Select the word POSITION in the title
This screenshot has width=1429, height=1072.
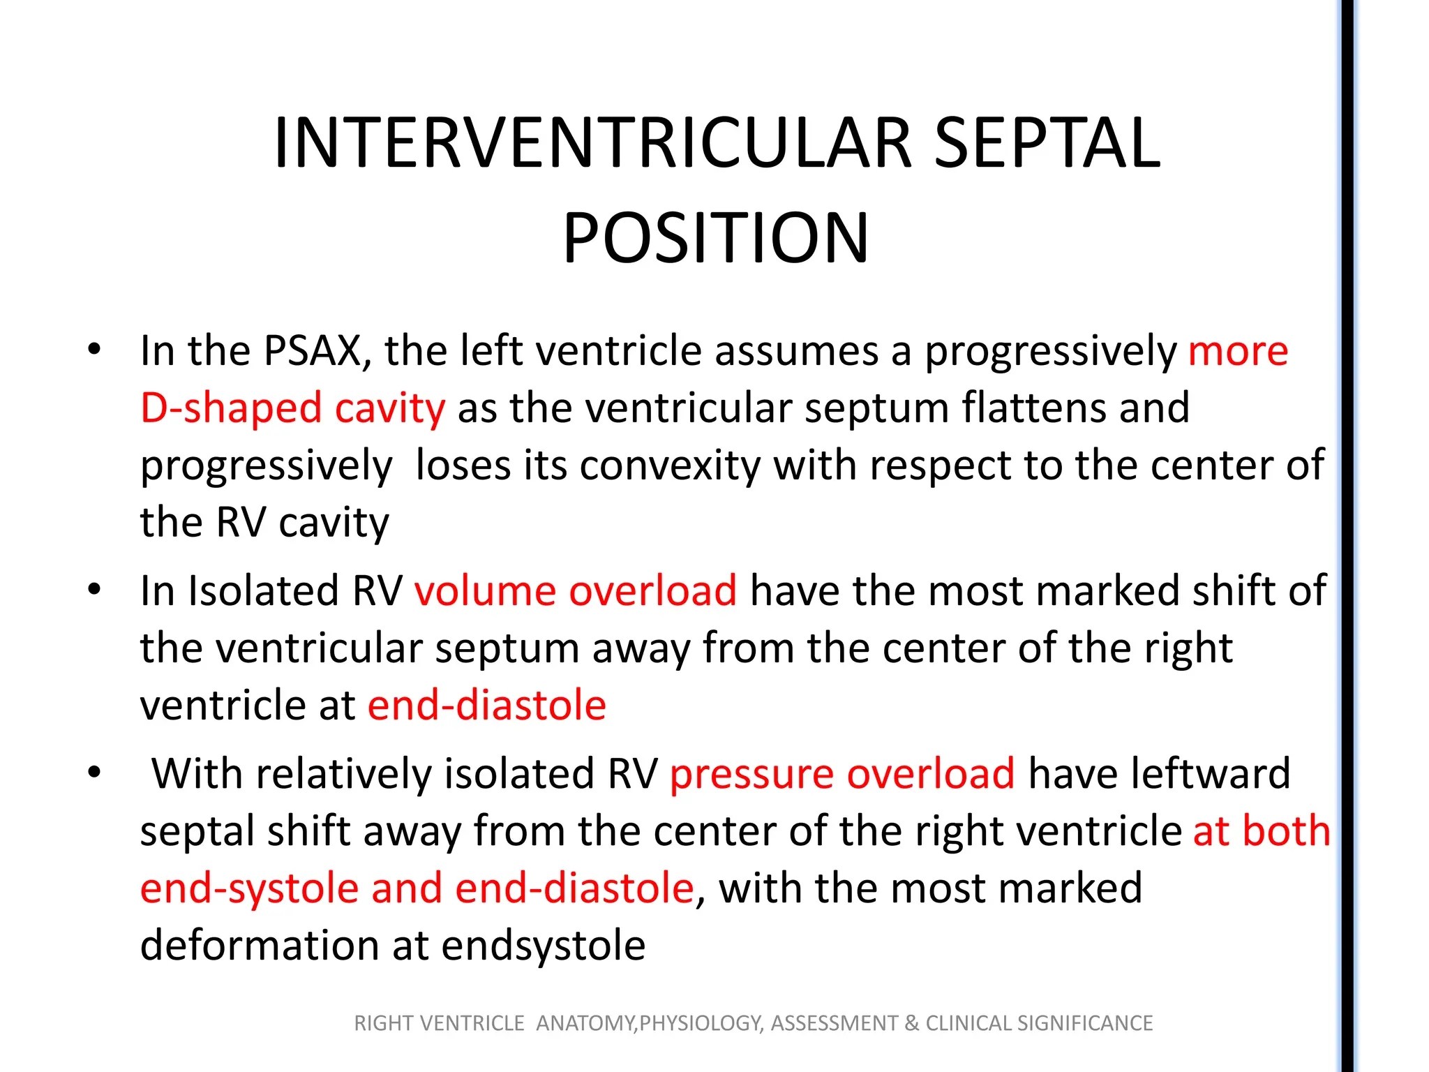coord(716,239)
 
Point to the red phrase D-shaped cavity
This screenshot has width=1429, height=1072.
coord(292,408)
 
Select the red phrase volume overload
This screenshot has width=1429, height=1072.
coord(575,591)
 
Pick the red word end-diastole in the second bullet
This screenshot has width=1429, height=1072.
coord(486,705)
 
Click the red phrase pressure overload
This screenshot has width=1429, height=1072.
coord(842,774)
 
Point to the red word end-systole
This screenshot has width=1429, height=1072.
coord(249,888)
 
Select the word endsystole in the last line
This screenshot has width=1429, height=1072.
coord(543,946)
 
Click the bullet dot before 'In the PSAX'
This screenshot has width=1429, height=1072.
coord(95,349)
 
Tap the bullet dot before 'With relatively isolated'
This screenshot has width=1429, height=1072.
coord(95,773)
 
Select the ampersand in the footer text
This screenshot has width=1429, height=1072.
coord(911,1023)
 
